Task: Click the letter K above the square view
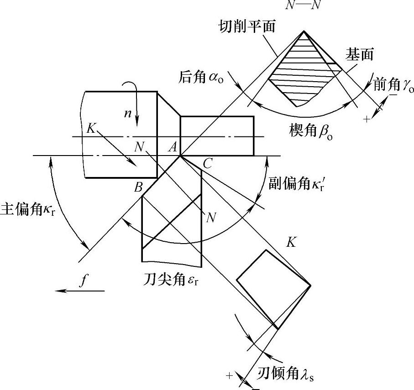[291, 243]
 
